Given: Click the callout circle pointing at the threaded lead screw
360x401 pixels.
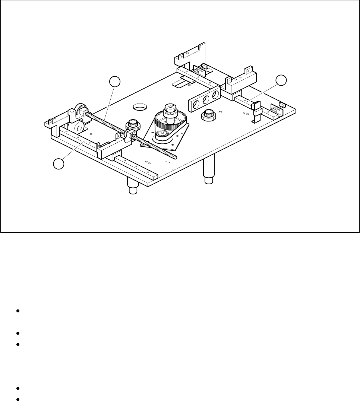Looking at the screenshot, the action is coord(116,82).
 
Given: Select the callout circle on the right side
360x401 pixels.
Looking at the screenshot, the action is coord(281,80).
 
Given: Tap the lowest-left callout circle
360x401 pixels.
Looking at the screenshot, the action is coord(58,163).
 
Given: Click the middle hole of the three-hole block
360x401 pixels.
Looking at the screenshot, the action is coord(205,99).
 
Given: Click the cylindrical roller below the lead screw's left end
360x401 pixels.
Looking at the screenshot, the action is coord(77,129).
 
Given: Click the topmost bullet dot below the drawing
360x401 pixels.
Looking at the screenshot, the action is coord(18,311).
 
